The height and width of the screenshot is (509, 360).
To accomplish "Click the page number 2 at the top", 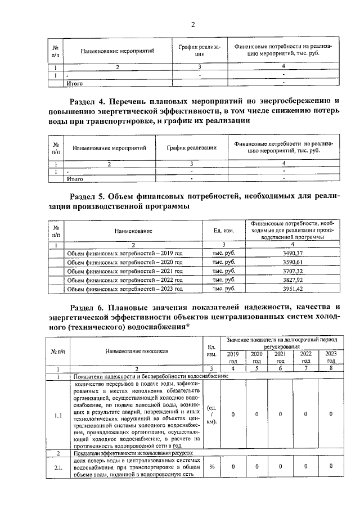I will [192, 24].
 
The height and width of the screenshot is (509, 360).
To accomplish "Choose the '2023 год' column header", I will [331, 357].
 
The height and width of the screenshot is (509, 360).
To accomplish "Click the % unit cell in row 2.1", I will [213, 466].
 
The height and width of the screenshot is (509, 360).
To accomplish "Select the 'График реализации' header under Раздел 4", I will [192, 148].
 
